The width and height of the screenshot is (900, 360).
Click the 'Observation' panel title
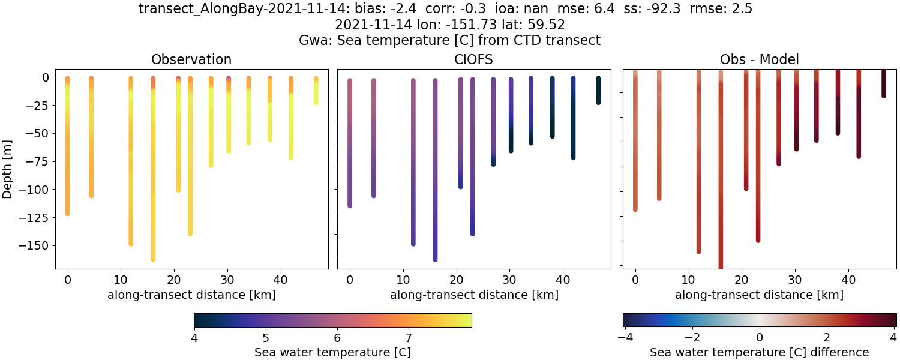click(x=191, y=59)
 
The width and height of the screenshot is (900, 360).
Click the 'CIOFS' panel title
click(x=474, y=59)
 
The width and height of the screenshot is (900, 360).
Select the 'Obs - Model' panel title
click(x=759, y=59)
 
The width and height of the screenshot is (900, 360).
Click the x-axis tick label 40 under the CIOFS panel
click(x=563, y=280)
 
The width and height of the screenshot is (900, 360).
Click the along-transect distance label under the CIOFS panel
click(x=474, y=295)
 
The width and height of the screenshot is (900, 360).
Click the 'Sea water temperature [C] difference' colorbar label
click(x=759, y=352)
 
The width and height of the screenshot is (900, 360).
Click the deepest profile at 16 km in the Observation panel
click(x=153, y=180)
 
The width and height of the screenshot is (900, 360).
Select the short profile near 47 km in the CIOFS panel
click(x=598, y=90)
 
